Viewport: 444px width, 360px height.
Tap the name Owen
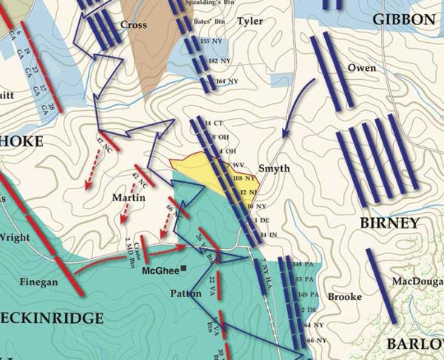tap(361, 69)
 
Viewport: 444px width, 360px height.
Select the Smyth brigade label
tap(275, 169)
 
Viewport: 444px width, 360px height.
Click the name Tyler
tap(250, 22)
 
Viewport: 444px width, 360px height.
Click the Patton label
tap(185, 292)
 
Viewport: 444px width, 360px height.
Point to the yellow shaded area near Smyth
tap(194, 166)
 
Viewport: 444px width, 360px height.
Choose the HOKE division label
tap(21, 141)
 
